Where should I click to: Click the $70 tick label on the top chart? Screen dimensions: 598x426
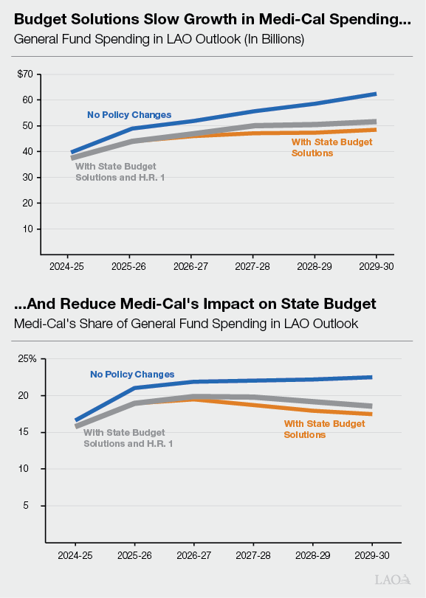[26, 74]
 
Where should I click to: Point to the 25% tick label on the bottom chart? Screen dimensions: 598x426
[27, 359]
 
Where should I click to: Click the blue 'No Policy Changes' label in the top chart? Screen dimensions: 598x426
[129, 114]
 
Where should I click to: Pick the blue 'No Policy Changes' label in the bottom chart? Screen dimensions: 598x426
[132, 375]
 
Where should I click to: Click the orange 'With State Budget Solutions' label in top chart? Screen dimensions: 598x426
[323, 147]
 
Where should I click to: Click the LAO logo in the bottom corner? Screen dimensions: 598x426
[393, 580]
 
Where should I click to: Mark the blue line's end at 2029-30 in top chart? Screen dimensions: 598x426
[376, 94]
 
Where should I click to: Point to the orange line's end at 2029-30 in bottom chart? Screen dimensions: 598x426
[370, 414]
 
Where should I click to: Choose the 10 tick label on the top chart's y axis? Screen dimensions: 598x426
[28, 229]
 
